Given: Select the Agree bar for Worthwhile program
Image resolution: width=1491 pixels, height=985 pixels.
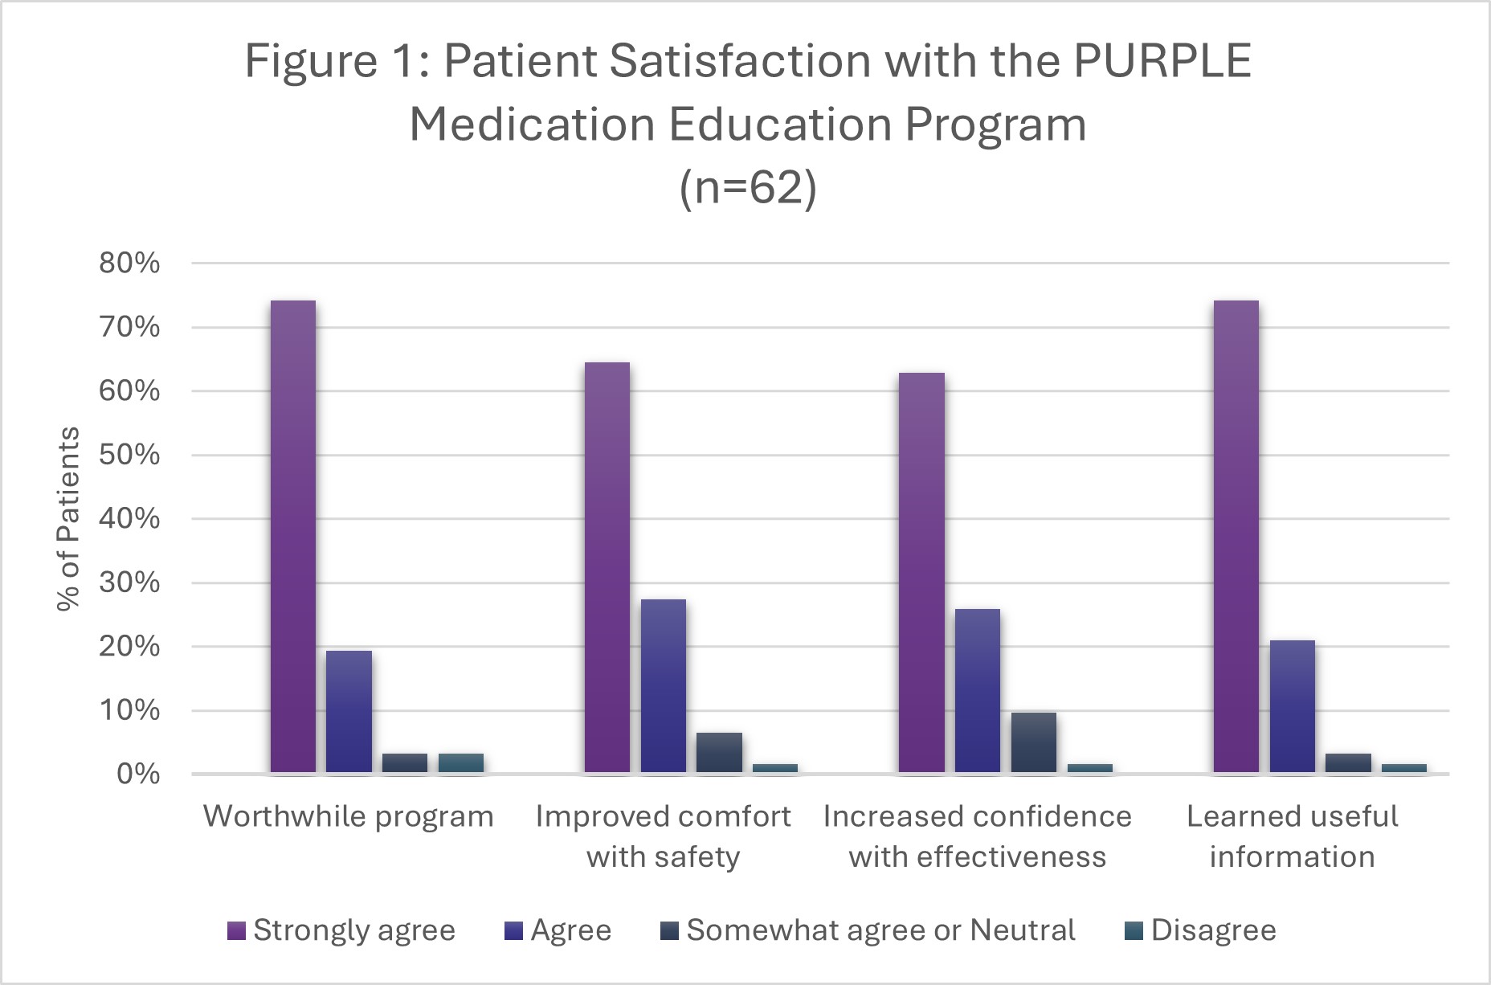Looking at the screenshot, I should pyautogui.click(x=349, y=712).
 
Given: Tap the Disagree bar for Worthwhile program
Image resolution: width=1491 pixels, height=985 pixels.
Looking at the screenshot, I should pyautogui.click(x=461, y=763).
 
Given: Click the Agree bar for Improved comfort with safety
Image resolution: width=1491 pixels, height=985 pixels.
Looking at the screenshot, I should pyautogui.click(x=664, y=686).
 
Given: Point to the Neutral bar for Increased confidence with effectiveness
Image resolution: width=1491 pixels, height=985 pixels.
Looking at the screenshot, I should pyautogui.click(x=1034, y=742).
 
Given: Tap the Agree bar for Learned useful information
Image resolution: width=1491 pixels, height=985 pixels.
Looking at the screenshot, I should pyautogui.click(x=1293, y=707).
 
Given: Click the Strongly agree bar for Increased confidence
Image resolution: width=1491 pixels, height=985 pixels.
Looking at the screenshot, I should pyautogui.click(x=922, y=573).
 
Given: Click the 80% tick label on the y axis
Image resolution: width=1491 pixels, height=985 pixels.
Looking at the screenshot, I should pyautogui.click(x=129, y=263).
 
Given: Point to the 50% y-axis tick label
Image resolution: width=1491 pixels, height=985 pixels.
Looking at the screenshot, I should pyautogui.click(x=129, y=455).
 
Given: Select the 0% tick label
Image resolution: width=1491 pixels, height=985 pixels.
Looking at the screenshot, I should pyautogui.click(x=138, y=774).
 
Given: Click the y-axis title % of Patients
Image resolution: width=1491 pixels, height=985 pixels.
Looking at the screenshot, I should pyautogui.click(x=69, y=518).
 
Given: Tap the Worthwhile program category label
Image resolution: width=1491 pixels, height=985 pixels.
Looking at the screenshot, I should pyautogui.click(x=349, y=816).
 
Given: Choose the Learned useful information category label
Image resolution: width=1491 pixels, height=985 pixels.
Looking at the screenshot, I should pyautogui.click(x=1293, y=836).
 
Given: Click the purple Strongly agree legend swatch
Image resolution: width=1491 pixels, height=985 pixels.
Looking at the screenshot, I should pyautogui.click(x=236, y=930).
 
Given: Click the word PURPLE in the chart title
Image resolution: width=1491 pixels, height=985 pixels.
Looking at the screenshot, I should pyautogui.click(x=1162, y=61).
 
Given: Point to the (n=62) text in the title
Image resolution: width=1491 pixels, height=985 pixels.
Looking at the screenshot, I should pyautogui.click(x=748, y=188).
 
